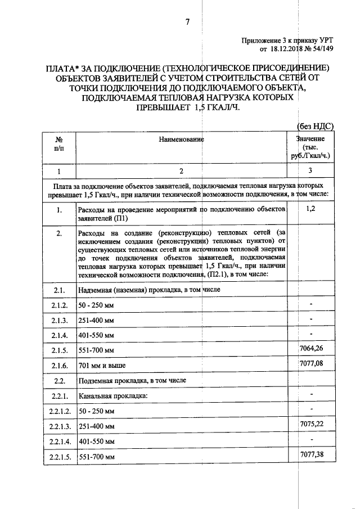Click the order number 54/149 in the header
click(x=322, y=49)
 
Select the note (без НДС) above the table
click(x=314, y=127)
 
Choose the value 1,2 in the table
click(x=310, y=209)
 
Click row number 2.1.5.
click(x=59, y=351)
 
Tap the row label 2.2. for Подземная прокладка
click(x=59, y=381)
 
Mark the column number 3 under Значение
click(x=310, y=170)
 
